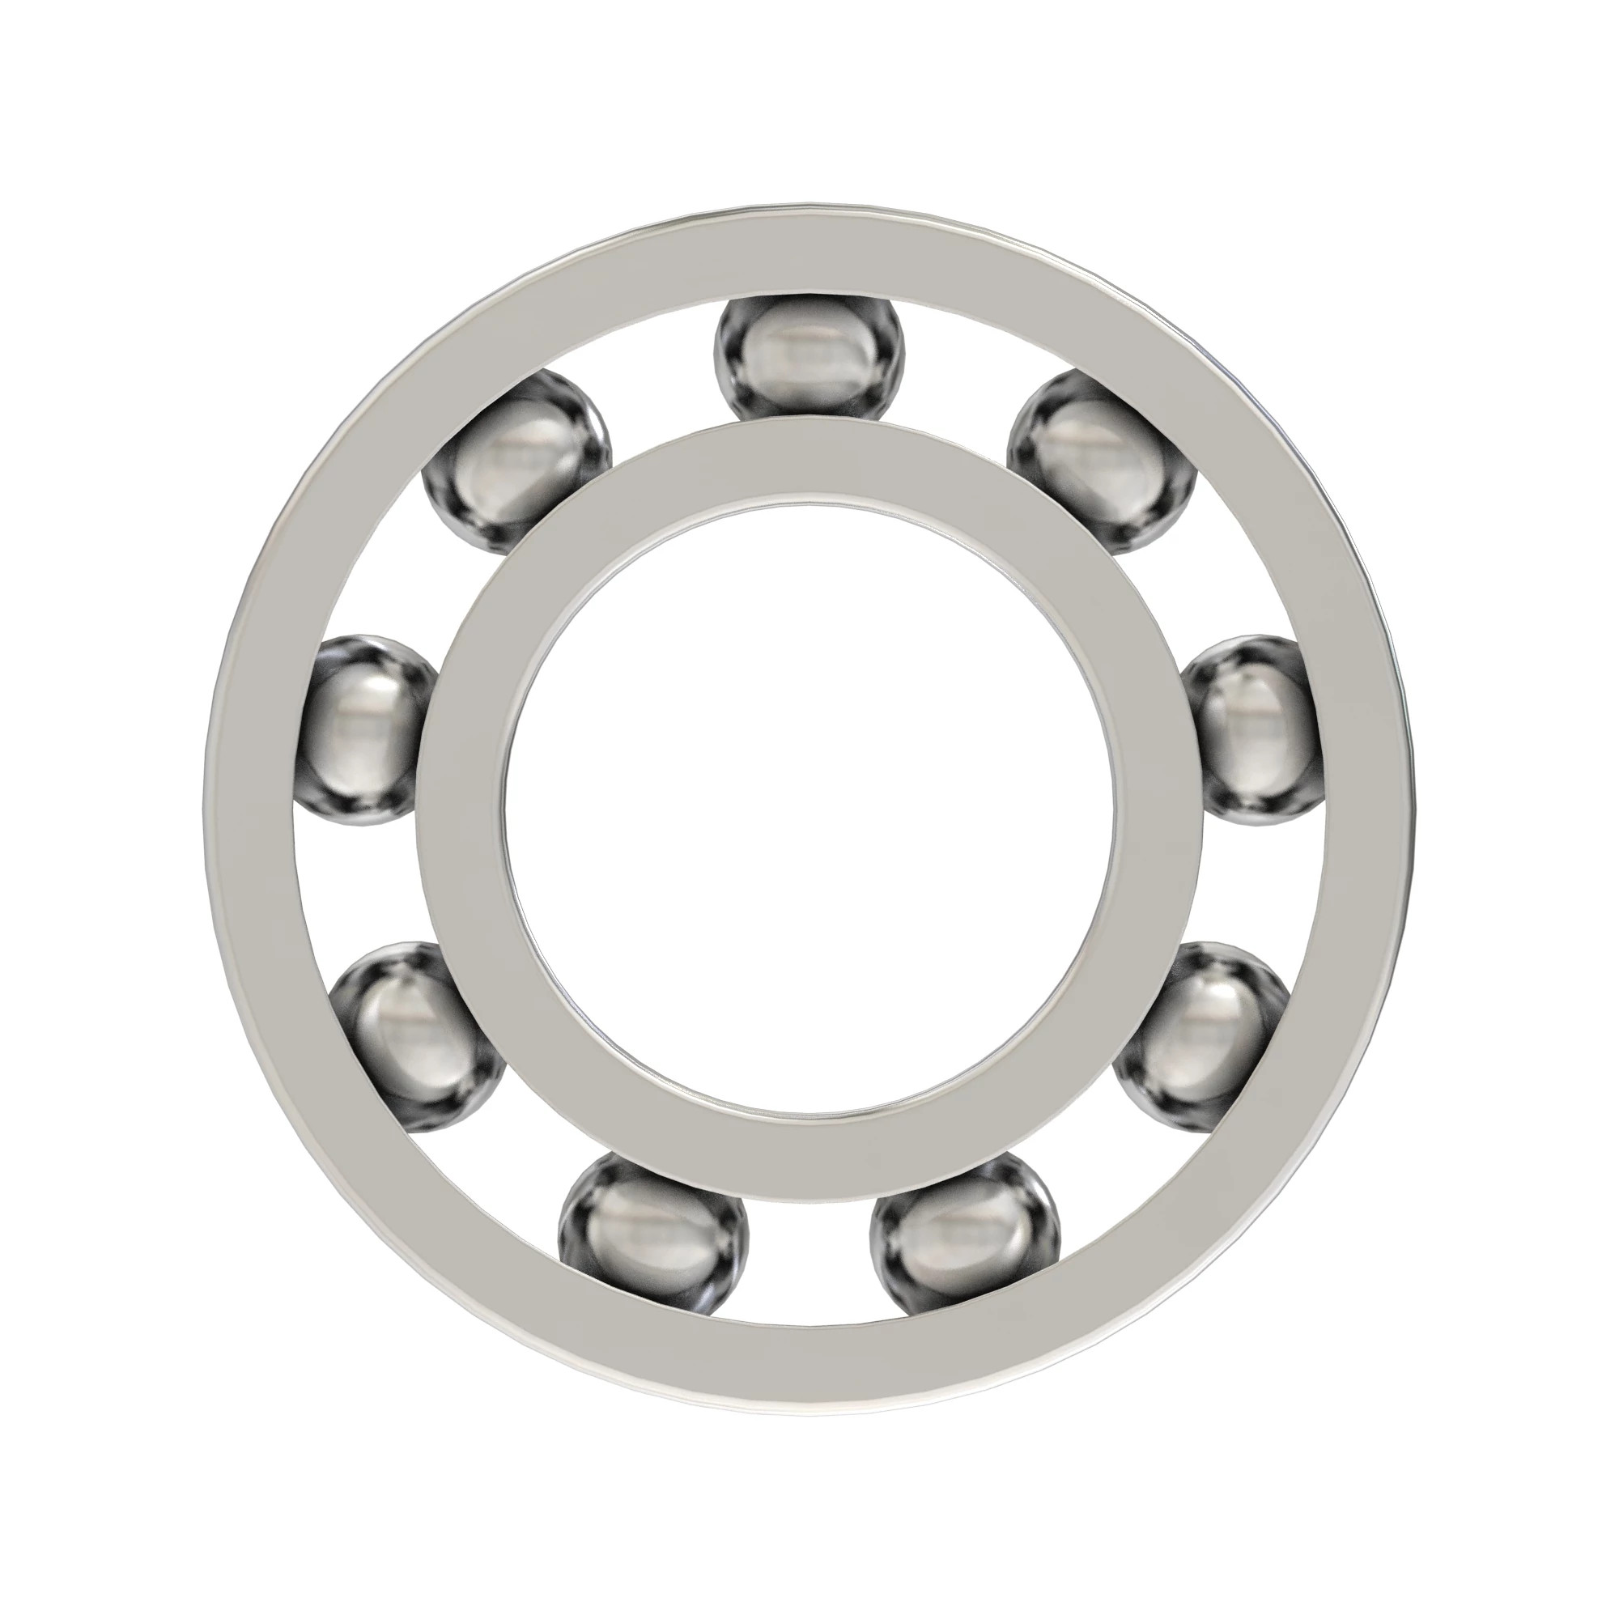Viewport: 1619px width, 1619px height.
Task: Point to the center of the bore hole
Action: (x=809, y=809)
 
